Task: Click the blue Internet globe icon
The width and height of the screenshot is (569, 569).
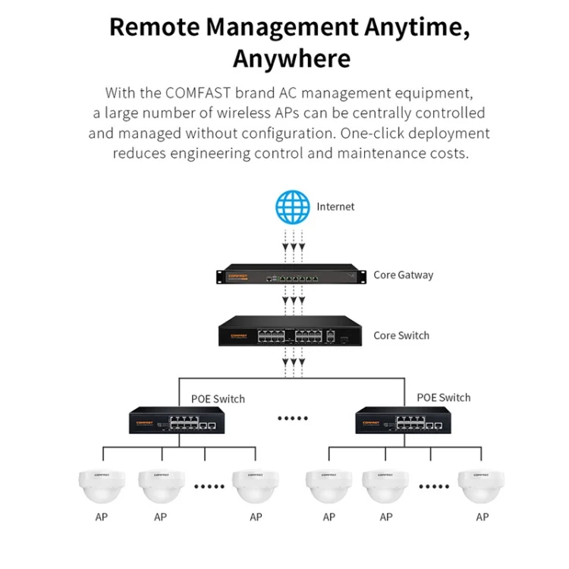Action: [x=294, y=206]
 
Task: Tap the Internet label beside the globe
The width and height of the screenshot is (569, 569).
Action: [x=335, y=206]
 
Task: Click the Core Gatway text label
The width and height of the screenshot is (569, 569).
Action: [x=403, y=275]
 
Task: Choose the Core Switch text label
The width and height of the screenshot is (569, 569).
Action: [x=401, y=335]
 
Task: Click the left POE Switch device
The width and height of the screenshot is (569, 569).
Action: [x=174, y=421]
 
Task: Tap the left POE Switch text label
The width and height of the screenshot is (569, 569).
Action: [x=217, y=398]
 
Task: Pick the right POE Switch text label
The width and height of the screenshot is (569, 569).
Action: [x=443, y=398]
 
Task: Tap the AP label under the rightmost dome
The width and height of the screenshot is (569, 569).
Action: [x=482, y=517]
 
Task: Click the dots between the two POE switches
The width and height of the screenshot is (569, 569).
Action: [x=291, y=418]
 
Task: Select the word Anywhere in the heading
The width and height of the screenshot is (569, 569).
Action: [x=291, y=58]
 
